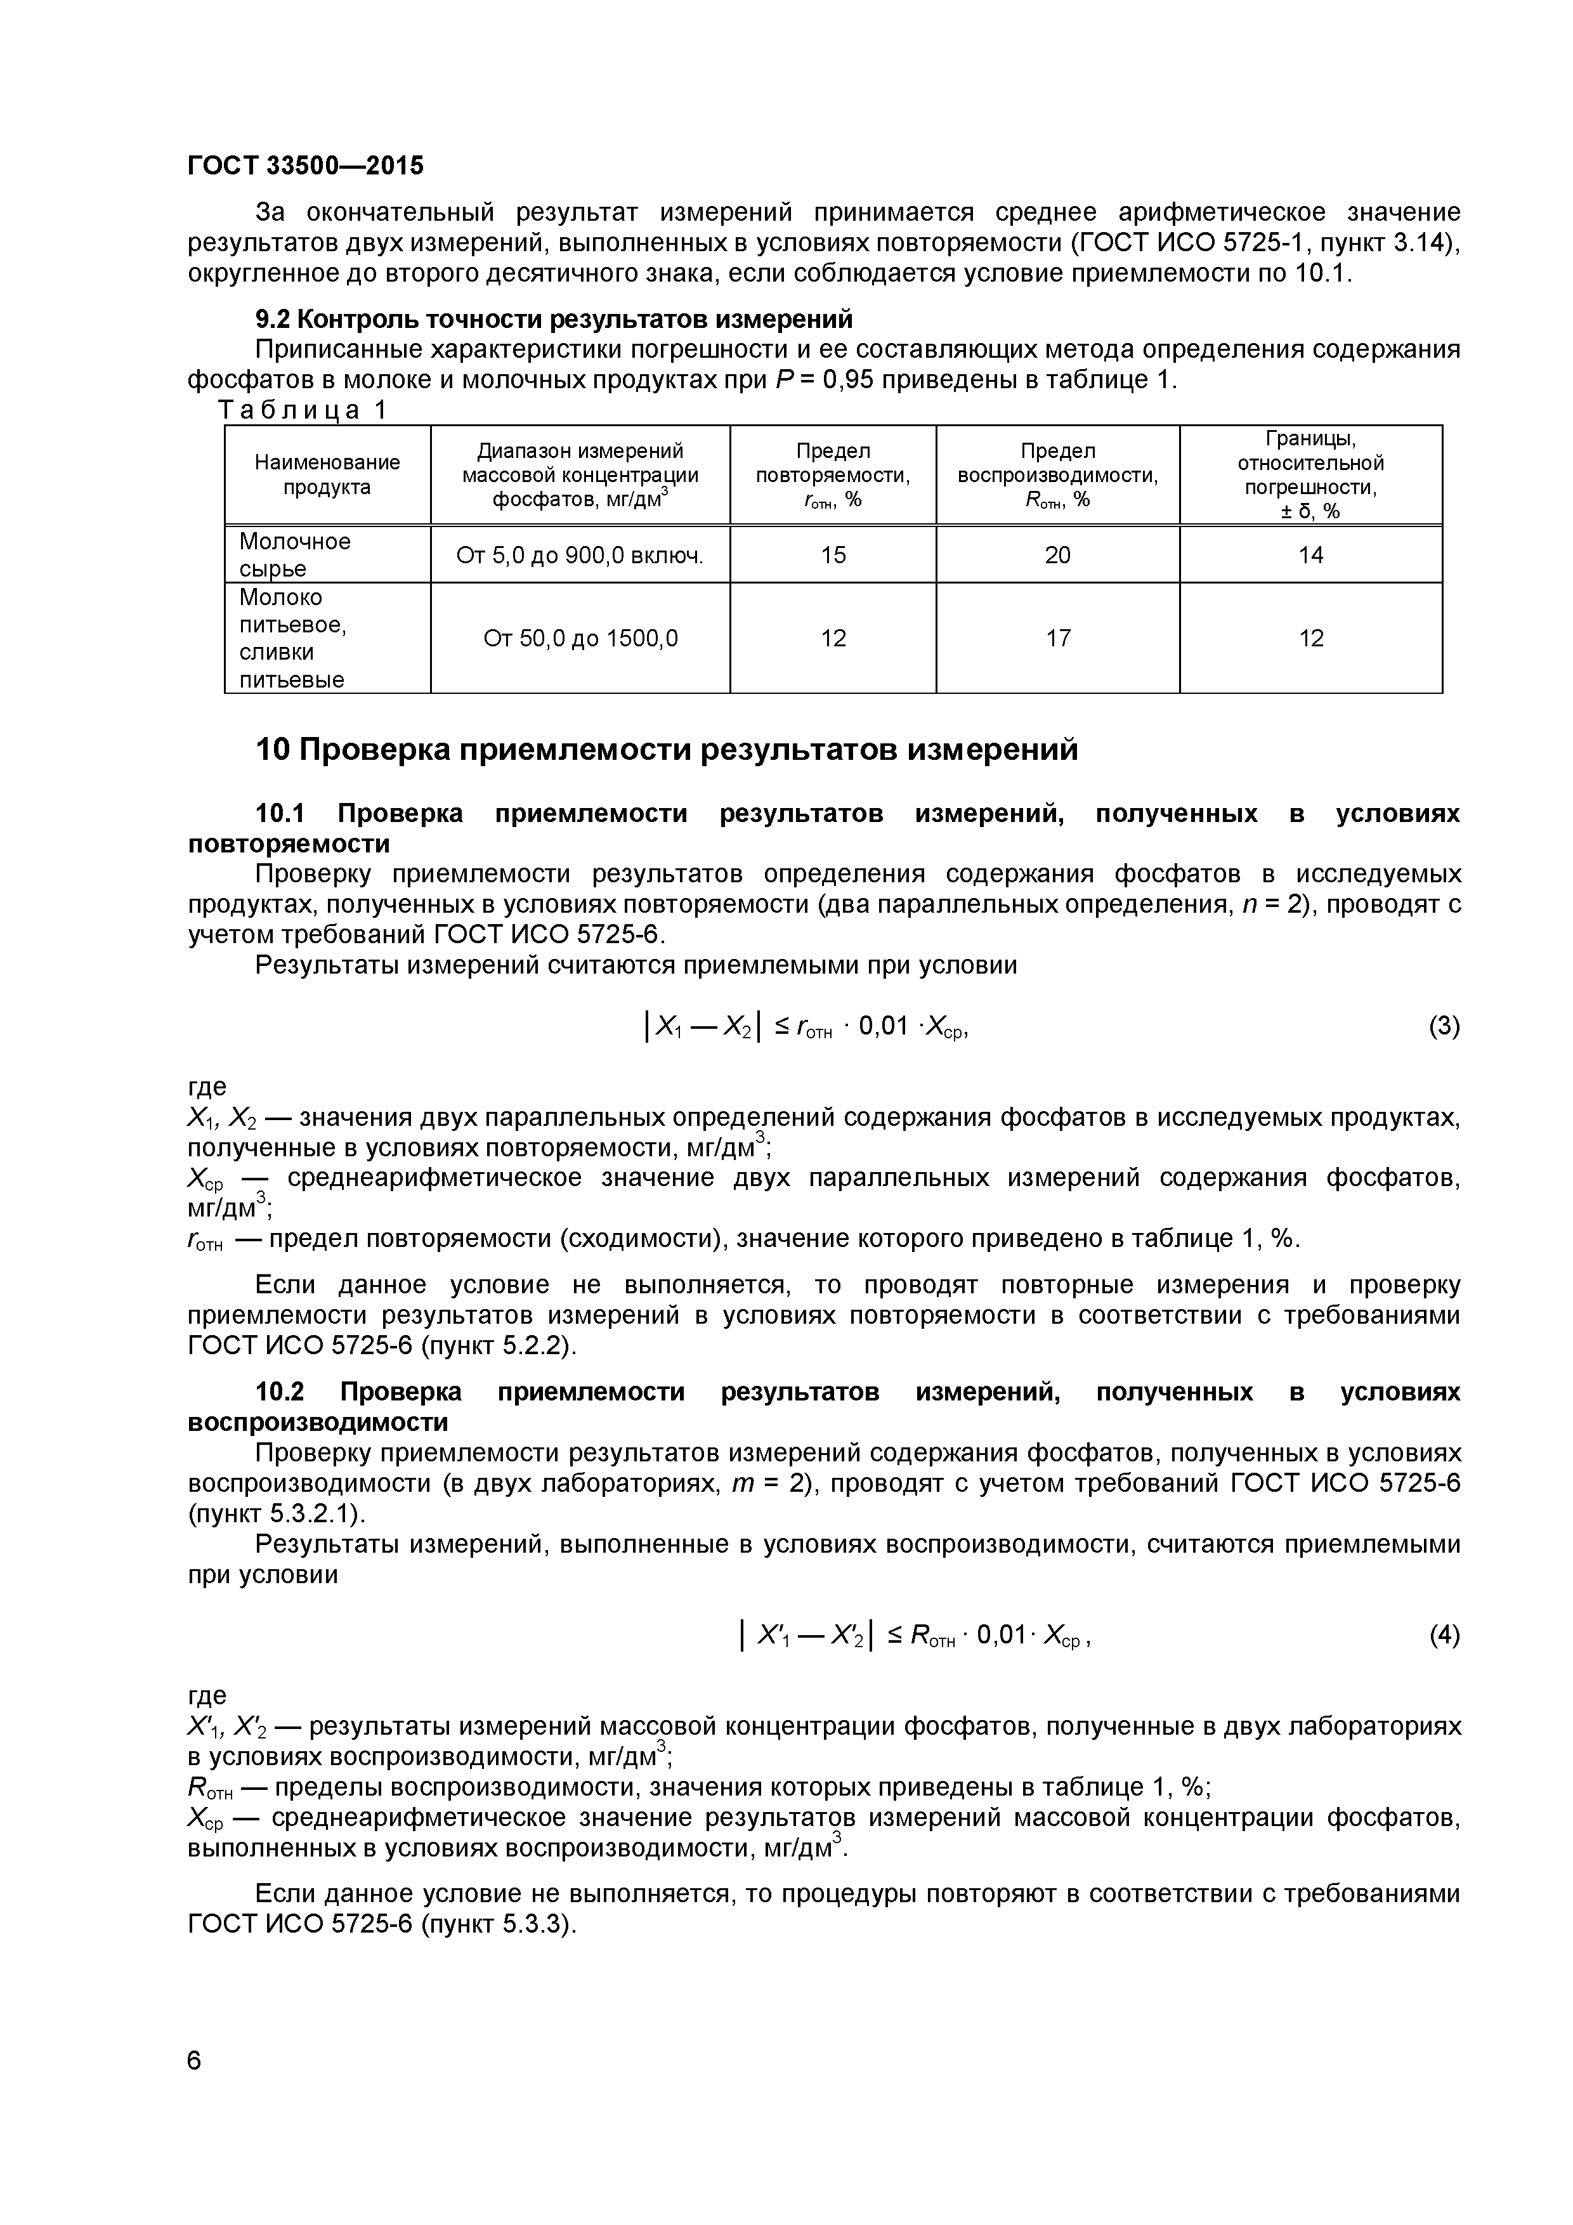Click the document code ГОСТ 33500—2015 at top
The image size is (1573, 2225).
[305, 166]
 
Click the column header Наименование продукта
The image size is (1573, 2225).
[327, 475]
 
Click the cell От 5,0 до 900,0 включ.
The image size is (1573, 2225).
[580, 555]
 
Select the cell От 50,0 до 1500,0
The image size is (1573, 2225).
[580, 637]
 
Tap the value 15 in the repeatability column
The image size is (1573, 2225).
[833, 555]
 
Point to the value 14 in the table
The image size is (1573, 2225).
[1310, 555]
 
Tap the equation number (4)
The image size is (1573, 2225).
[1443, 1636]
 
